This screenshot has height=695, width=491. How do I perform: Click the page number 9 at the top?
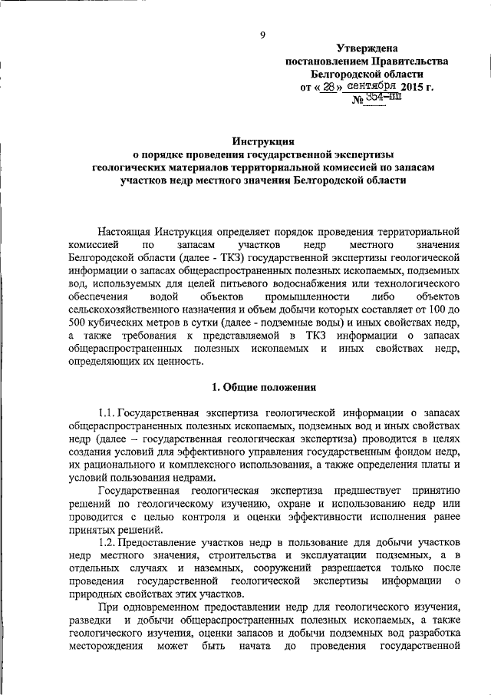point(262,35)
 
